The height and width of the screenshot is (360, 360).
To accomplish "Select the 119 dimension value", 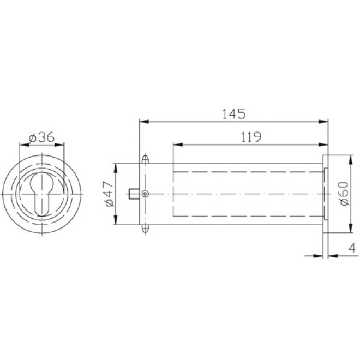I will pyautogui.click(x=250, y=137).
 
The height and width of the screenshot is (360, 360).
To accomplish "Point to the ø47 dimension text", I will pyautogui.click(x=108, y=194).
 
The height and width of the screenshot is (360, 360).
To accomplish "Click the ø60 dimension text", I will pyautogui.click(x=343, y=194).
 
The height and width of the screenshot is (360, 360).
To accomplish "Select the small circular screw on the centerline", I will pyautogui.click(x=145, y=194).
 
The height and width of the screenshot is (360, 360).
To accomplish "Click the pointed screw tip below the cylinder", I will pyautogui.click(x=145, y=229).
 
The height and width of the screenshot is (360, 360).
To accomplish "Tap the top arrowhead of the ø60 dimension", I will pyautogui.click(x=350, y=158).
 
